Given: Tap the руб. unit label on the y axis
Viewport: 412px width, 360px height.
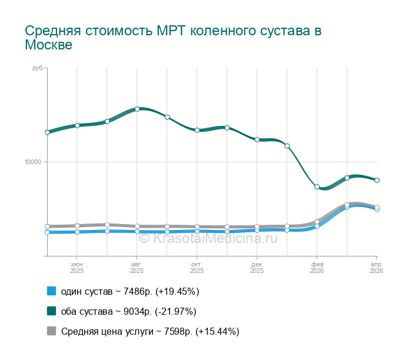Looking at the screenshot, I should pyautogui.click(x=38, y=69).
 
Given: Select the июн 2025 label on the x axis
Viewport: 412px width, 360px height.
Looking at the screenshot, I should pyautogui.click(x=77, y=268).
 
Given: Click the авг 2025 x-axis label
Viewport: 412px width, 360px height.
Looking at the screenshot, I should pyautogui.click(x=137, y=268).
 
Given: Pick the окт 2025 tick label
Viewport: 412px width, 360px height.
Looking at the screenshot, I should pyautogui.click(x=197, y=268).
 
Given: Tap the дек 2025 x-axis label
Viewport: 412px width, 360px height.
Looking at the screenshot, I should pyautogui.click(x=257, y=268).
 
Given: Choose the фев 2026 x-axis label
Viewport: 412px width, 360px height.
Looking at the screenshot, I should pyautogui.click(x=317, y=268).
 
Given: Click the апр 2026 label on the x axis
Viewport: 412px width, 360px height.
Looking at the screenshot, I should pyautogui.click(x=376, y=268).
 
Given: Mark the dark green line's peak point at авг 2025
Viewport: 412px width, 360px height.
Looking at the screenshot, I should pyautogui.click(x=137, y=109).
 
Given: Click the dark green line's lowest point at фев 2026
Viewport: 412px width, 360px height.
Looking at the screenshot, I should pyautogui.click(x=317, y=187).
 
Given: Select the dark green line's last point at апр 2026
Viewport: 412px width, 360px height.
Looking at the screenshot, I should pyautogui.click(x=377, y=180).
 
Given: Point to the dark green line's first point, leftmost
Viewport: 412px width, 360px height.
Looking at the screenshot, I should pyautogui.click(x=47, y=132).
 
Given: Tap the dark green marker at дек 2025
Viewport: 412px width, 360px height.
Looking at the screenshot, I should pyautogui.click(x=257, y=139).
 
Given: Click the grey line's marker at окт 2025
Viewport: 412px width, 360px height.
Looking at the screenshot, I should pyautogui.click(x=197, y=226).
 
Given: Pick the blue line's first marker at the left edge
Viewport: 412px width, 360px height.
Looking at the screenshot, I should pyautogui.click(x=47, y=232).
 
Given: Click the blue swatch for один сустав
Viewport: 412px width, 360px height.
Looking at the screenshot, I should pyautogui.click(x=51, y=291).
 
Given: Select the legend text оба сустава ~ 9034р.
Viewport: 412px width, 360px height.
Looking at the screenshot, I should pyautogui.click(x=128, y=311).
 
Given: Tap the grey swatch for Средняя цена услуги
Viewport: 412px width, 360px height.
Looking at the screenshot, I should pyautogui.click(x=51, y=331).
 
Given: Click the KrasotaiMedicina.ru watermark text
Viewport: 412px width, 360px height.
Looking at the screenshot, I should pyautogui.click(x=207, y=238).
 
